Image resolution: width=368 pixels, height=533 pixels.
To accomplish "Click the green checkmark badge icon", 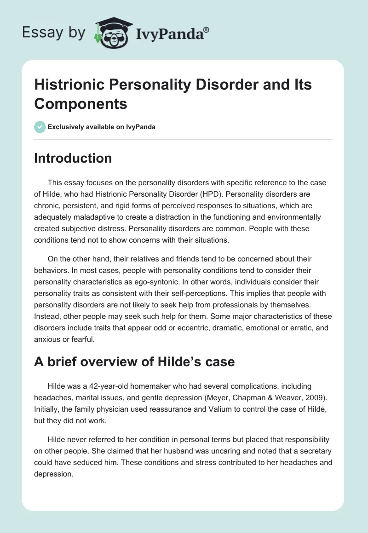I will (x=40, y=127).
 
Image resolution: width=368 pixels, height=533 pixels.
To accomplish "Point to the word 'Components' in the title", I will (x=80, y=104).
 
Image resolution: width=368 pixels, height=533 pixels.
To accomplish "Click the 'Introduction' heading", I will (x=73, y=158).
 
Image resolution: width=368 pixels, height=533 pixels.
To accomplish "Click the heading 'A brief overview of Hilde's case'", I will (x=134, y=362).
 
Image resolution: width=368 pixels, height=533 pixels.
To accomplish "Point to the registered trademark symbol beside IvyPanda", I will (x=207, y=29).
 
